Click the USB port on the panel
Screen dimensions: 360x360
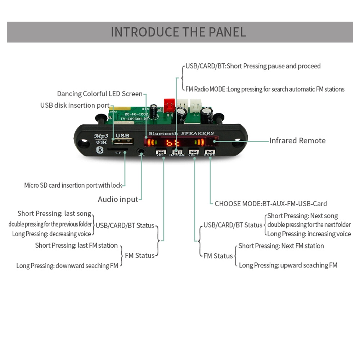(121, 141)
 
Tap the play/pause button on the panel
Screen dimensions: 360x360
(177, 152)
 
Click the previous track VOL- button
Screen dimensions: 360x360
(161, 153)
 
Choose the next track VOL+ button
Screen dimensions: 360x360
(194, 153)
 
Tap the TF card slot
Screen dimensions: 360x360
(118, 148)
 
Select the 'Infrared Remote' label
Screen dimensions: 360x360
(297, 141)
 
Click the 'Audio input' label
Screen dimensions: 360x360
(118, 199)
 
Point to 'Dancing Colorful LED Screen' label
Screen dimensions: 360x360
(100, 94)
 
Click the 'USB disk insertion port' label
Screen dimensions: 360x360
(75, 105)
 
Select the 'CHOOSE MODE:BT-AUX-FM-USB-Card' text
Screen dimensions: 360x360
(271, 204)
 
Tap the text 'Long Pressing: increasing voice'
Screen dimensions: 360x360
(309, 234)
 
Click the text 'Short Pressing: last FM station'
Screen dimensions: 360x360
(76, 246)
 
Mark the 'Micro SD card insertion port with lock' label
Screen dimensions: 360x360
(73, 185)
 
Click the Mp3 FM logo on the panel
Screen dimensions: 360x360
(101, 138)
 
